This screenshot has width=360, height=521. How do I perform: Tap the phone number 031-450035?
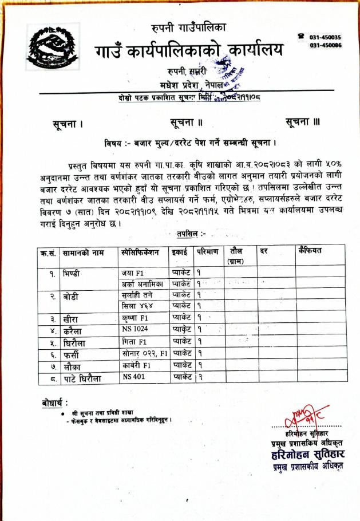325,37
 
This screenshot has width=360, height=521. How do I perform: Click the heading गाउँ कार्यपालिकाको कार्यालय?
189,51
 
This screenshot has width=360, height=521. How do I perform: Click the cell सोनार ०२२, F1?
144,353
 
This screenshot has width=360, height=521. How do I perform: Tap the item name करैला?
74,331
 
